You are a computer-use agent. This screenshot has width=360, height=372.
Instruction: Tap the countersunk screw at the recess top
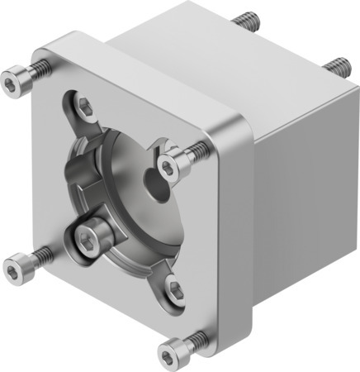[x=86, y=105]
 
